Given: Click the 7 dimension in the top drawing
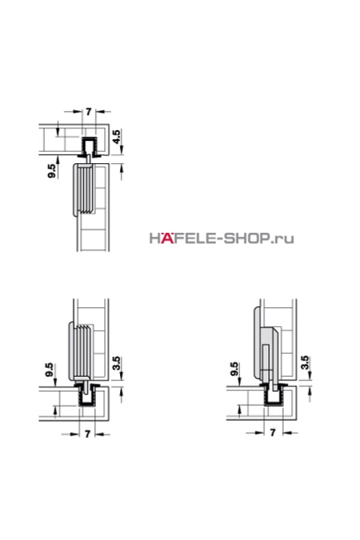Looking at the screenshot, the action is click(x=89, y=112).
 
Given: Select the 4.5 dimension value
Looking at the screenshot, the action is click(x=117, y=137).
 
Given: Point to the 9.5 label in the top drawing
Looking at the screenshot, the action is click(x=52, y=171).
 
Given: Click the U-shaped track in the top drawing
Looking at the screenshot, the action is click(x=89, y=146).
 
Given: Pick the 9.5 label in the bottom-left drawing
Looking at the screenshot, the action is click(x=49, y=370).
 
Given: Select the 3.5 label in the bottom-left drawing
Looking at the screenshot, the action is click(x=117, y=364).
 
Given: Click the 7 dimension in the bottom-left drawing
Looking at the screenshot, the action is click(x=88, y=434).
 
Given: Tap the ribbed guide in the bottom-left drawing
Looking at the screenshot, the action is click(x=80, y=350).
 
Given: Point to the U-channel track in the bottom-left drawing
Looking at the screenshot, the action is click(x=87, y=397).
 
